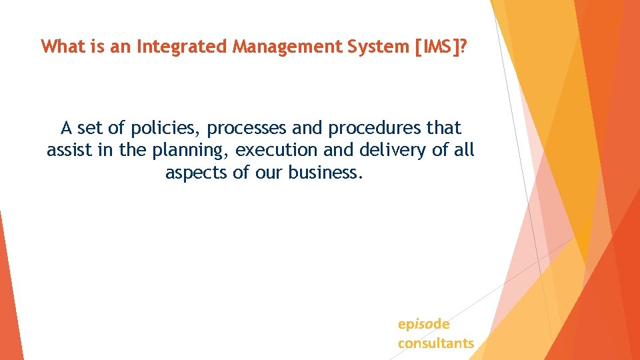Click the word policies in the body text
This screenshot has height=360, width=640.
[159, 127]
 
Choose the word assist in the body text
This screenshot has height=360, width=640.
[69, 150]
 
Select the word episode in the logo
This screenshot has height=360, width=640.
[423, 325]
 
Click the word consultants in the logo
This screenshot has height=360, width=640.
[436, 343]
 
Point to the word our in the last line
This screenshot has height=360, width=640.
[269, 173]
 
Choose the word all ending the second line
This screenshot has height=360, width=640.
[463, 150]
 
